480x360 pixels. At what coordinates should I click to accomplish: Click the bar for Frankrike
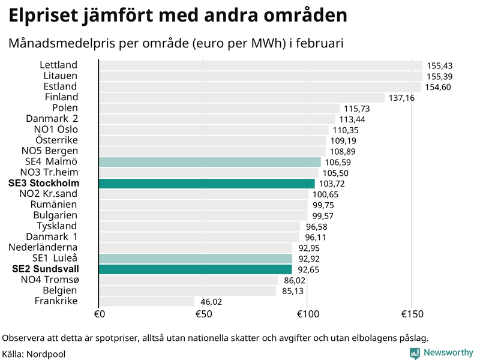pyautogui.click(x=146, y=301)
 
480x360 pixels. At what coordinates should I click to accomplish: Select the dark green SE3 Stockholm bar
pyautogui.click(x=206, y=184)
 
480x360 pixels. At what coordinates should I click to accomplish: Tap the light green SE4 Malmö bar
pyautogui.click(x=209, y=162)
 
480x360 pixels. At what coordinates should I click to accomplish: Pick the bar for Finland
pyautogui.click(x=241, y=97)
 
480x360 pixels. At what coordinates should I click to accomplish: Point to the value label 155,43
pyautogui.click(x=439, y=66)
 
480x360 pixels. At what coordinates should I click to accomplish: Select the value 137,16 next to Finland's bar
pyautogui.click(x=401, y=98)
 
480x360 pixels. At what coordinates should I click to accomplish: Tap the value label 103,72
pyautogui.click(x=332, y=184)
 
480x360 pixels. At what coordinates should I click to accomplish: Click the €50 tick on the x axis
pyautogui.click(x=203, y=314)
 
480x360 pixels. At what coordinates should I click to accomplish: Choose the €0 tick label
pyautogui.click(x=100, y=314)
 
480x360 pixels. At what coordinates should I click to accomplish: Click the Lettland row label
pyautogui.click(x=59, y=65)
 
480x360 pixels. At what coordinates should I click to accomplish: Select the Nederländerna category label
pyautogui.click(x=43, y=247)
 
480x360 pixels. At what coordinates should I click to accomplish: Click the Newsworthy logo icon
pyautogui.click(x=415, y=353)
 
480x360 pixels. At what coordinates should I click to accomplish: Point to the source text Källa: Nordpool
pyautogui.click(x=34, y=354)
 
